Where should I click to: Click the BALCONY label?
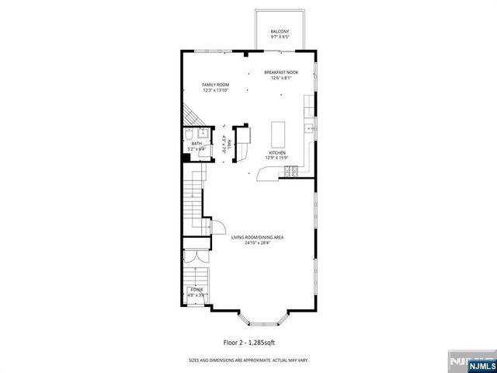point(280,32)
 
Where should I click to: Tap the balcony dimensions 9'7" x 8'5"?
point(280,37)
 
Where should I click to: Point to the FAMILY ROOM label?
point(215,84)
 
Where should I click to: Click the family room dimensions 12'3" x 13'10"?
point(215,89)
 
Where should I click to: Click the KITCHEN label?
point(278,152)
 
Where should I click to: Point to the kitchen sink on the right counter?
point(309,127)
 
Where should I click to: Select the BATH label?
point(196,143)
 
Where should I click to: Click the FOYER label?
point(196,289)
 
